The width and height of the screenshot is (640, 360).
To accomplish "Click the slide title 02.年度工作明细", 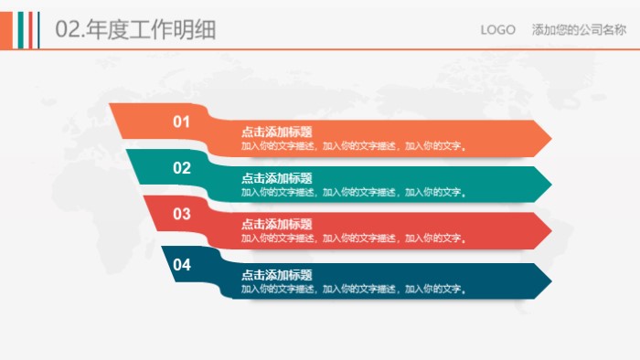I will (135, 29).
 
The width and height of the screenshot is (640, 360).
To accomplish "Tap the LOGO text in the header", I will (498, 30).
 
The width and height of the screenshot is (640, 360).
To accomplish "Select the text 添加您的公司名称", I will (579, 30).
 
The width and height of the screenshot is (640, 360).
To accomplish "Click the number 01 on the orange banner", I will (182, 122).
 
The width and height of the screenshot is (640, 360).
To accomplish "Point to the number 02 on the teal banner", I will (182, 168).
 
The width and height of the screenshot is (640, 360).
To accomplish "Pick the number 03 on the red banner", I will (182, 214).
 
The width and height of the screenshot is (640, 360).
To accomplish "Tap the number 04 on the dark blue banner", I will (182, 265).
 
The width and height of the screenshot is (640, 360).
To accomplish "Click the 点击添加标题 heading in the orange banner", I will (276, 132).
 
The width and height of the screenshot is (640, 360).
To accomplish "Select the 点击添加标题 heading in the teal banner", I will (276, 179).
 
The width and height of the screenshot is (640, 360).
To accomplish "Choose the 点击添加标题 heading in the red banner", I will (276, 225).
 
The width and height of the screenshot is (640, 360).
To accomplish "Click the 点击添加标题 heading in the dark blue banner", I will (276, 275).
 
